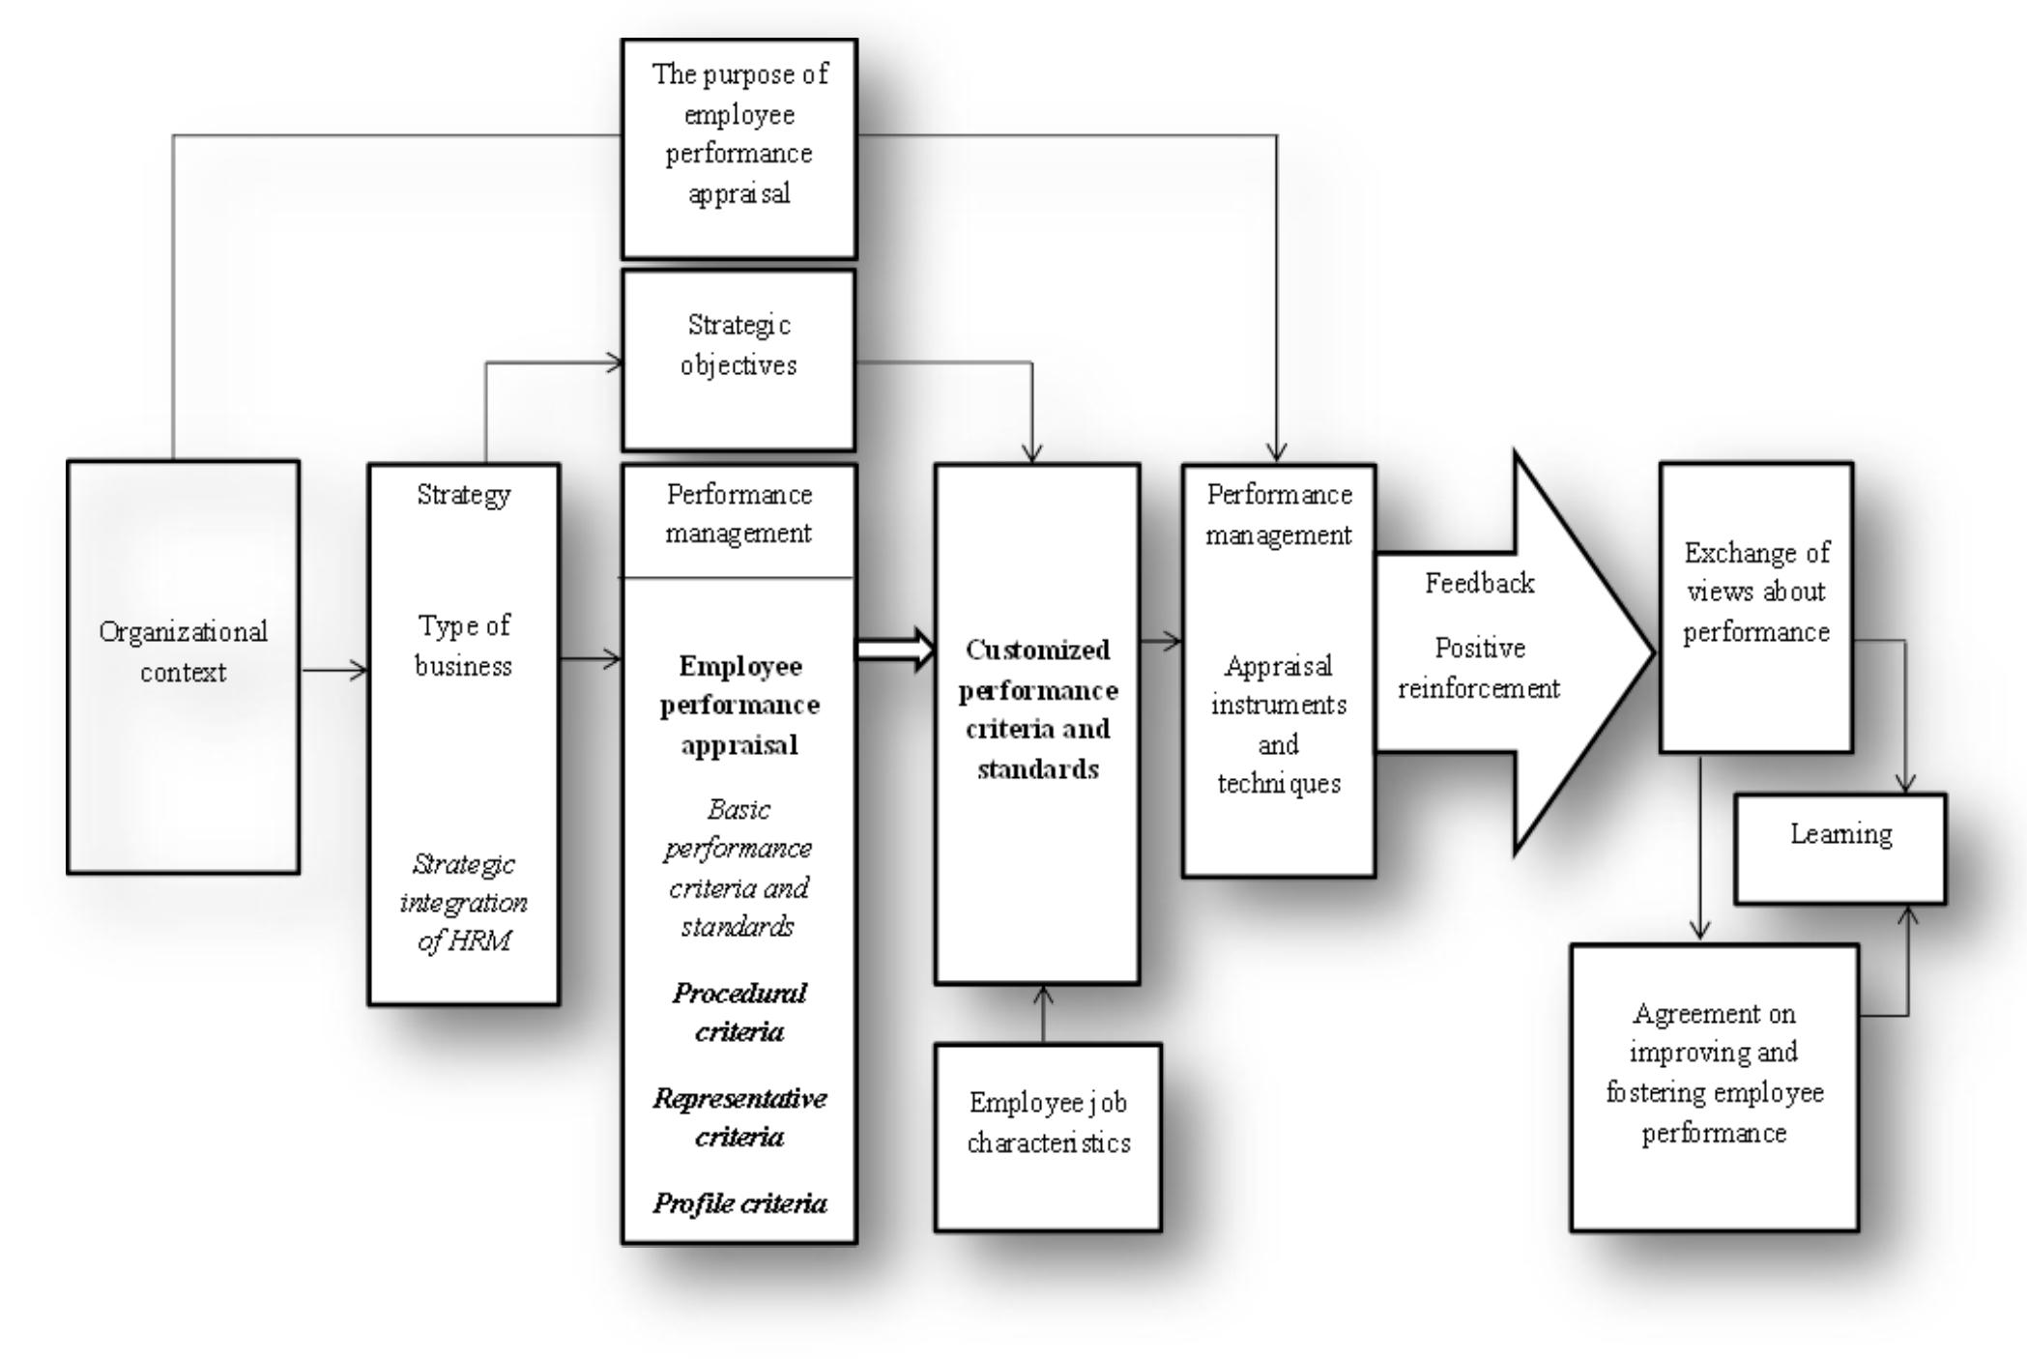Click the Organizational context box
[183, 667]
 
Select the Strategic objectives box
[738, 360]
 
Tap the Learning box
[1839, 849]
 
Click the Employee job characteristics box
[1048, 1136]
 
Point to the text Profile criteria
[739, 1203]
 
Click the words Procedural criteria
[739, 1012]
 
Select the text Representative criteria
[739, 1117]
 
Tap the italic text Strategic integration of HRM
[463, 902]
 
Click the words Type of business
[463, 646]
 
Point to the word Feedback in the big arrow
[1479, 583]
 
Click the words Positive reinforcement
[1479, 668]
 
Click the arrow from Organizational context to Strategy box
[333, 669]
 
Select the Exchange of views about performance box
[1755, 607]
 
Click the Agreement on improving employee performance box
[1714, 1086]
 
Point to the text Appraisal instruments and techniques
[1278, 724]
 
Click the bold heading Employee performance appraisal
[739, 705]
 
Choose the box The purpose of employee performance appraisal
[738, 148]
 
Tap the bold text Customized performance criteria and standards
[1037, 708]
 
